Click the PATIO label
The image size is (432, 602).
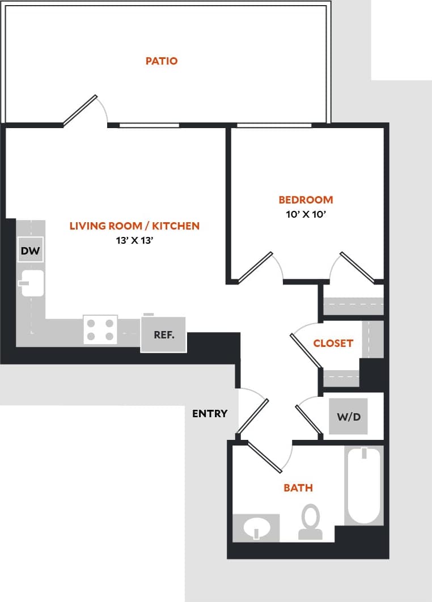(162, 61)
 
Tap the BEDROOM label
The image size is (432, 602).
(306, 200)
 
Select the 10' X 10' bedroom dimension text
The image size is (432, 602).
(306, 214)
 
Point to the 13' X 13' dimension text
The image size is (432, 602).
(134, 240)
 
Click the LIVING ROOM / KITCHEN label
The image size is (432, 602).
(134, 226)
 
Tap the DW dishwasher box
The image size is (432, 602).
(31, 251)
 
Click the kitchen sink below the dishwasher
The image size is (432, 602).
(32, 283)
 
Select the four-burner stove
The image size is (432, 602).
(100, 329)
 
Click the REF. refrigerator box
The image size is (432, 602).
(163, 334)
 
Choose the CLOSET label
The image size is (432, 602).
(333, 343)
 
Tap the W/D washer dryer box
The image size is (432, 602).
(349, 417)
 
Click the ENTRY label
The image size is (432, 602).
(210, 413)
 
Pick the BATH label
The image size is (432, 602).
(298, 487)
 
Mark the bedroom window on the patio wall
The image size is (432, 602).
(274, 125)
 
